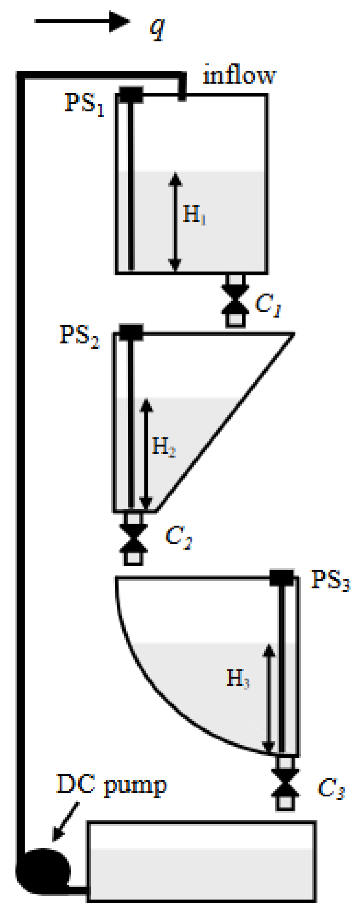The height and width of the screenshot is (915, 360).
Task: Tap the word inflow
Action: tap(239, 75)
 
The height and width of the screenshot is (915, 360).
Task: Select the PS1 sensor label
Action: tap(84, 104)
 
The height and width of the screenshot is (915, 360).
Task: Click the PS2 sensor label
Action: tap(80, 336)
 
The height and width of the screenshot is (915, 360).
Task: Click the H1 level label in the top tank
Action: tap(194, 214)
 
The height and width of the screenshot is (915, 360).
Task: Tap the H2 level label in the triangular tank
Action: tap(163, 447)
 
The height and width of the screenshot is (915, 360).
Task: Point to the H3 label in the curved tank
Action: tap(238, 678)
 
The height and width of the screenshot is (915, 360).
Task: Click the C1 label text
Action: tap(268, 305)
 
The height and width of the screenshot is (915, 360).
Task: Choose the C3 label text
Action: tap(331, 789)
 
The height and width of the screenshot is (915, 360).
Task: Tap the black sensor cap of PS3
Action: tap(282, 577)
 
